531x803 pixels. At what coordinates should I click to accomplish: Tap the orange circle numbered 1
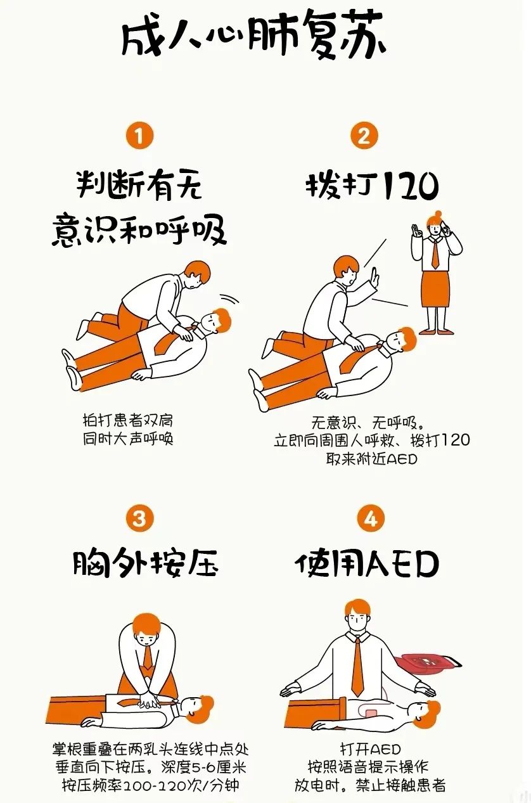click(139, 136)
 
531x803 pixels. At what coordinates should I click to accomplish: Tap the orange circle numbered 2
click(364, 136)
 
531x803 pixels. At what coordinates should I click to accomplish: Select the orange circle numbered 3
click(139, 518)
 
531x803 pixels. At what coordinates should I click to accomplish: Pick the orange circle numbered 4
click(371, 518)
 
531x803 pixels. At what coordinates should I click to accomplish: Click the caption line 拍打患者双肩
click(128, 420)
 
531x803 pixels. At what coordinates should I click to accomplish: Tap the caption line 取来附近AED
click(372, 459)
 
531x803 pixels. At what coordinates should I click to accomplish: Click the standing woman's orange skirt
click(435, 288)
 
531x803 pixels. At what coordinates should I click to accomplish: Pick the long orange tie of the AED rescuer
click(358, 665)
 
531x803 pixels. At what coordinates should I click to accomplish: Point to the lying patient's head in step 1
click(215, 320)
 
